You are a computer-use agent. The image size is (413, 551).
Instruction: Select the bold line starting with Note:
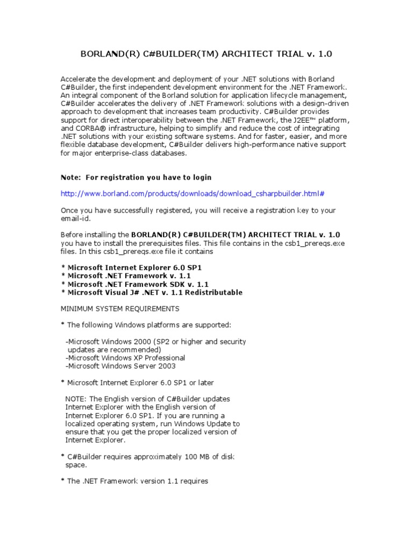tap(136, 178)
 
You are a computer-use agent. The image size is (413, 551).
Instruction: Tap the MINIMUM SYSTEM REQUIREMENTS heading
tap(120, 309)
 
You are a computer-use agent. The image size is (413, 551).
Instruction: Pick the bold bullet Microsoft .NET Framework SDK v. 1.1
tap(135, 284)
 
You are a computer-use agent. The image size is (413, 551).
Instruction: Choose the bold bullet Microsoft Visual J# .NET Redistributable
tap(151, 293)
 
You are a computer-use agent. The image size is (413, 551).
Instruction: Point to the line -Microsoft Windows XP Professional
tap(125, 358)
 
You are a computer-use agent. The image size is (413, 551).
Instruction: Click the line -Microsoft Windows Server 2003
tap(120, 366)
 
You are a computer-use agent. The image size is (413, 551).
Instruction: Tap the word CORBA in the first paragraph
tap(90, 129)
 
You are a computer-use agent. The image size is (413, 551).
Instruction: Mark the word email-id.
tap(76, 218)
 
